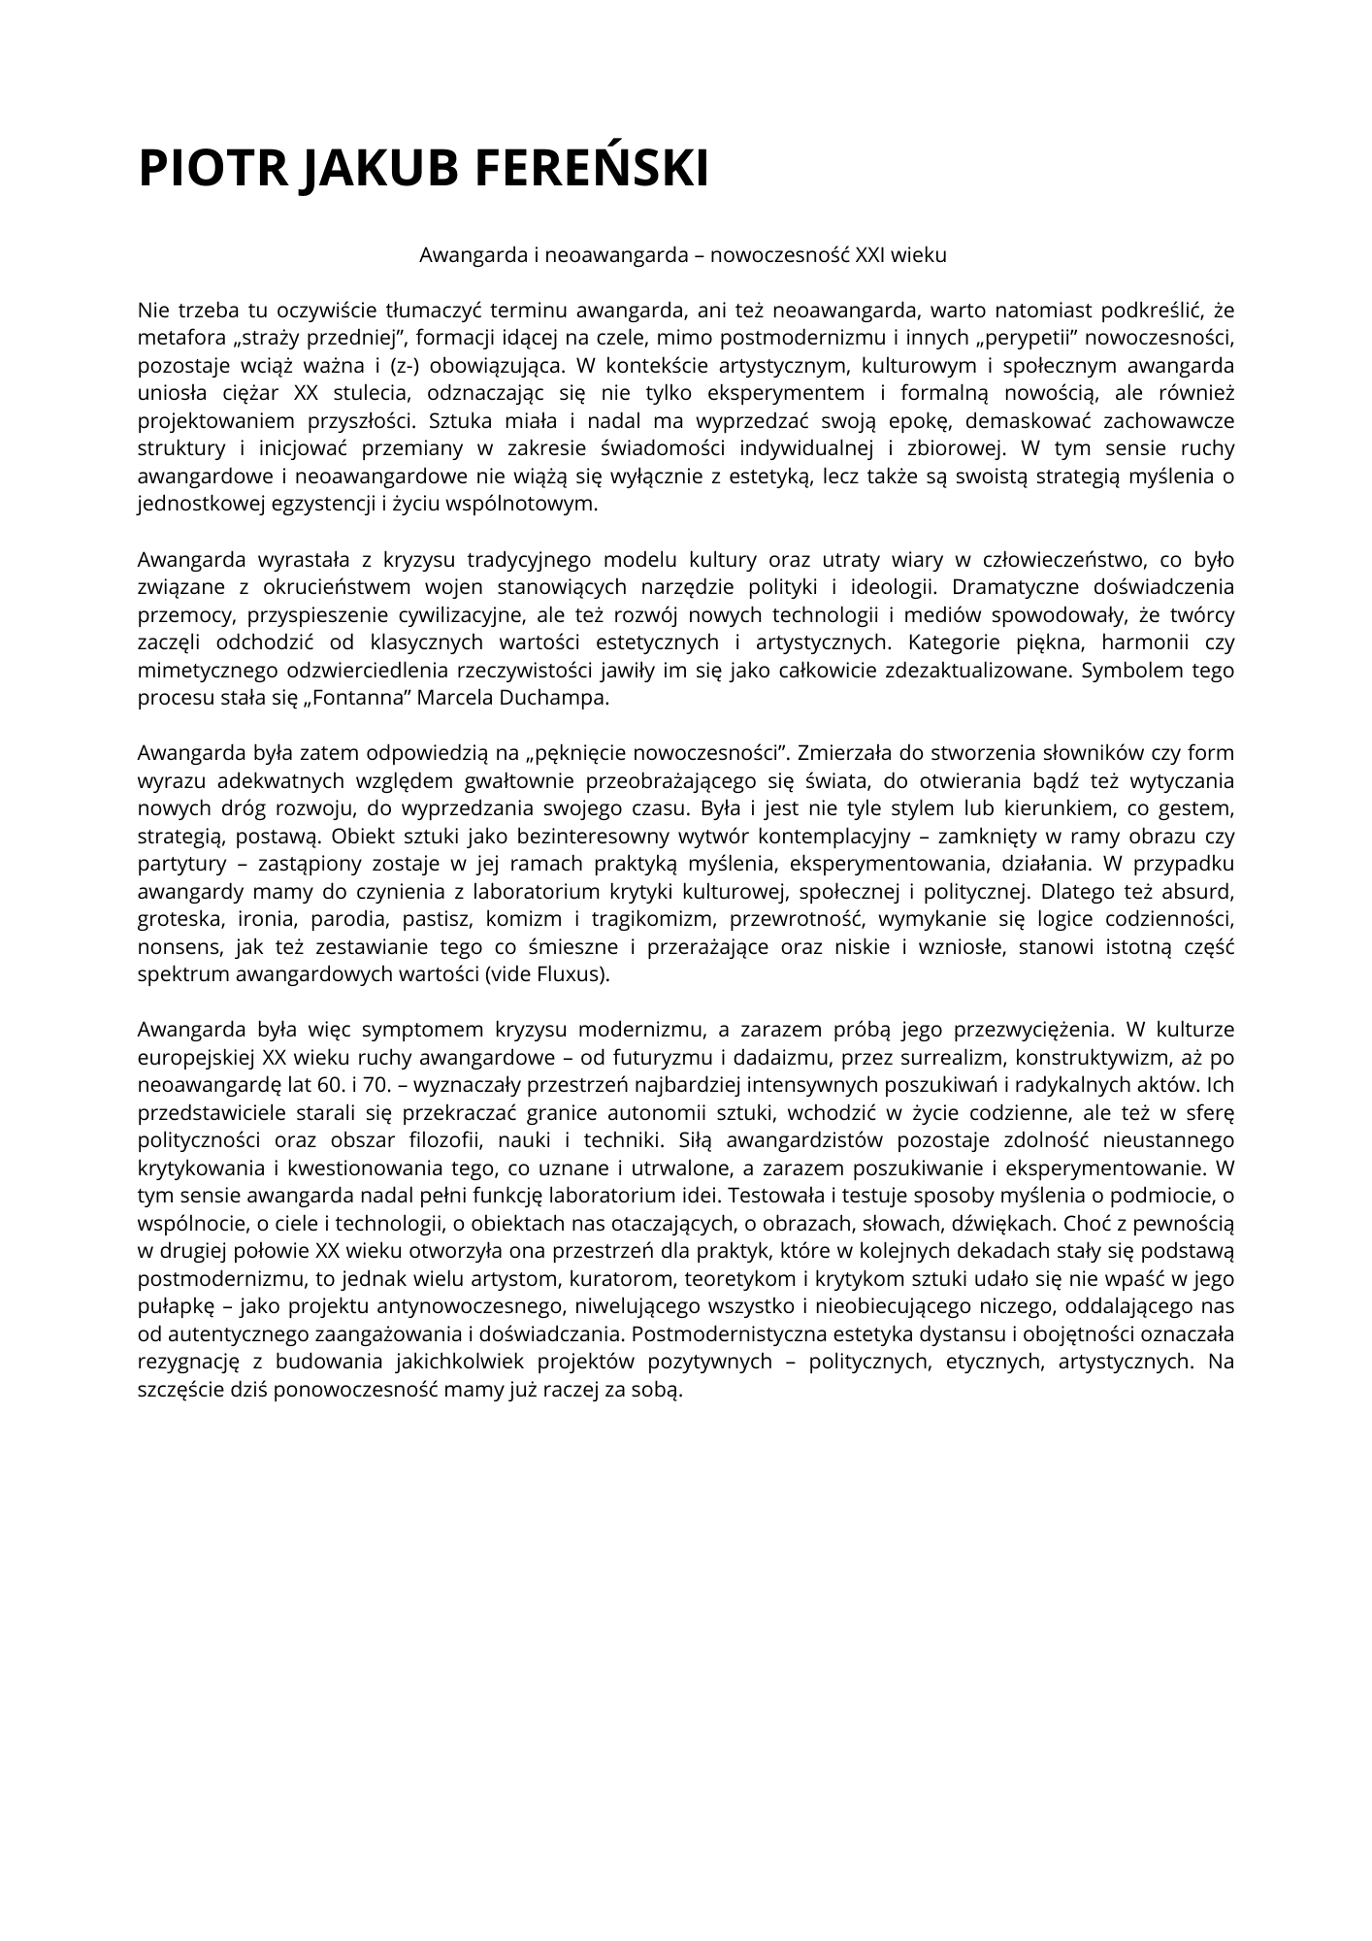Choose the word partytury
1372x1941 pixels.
181,864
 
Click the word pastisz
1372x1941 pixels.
437,919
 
